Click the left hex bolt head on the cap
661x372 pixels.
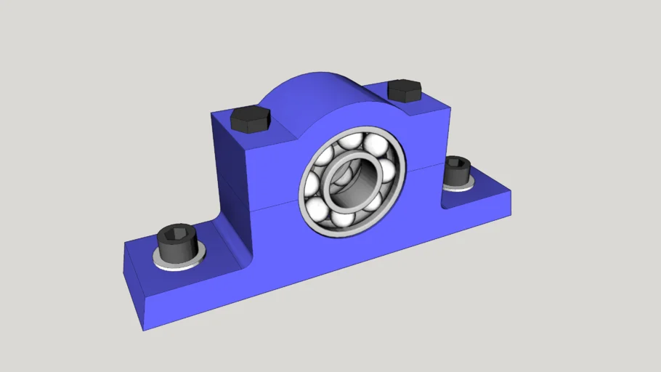coord(250,119)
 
